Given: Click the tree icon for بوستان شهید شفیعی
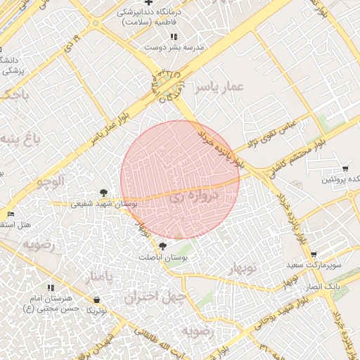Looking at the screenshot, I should click(x=104, y=192).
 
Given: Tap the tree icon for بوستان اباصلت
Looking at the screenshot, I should click(x=163, y=246).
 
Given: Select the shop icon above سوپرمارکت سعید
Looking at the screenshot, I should click(x=313, y=255).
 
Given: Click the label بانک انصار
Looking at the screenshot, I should click(x=323, y=288).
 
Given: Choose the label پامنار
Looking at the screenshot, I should click(x=98, y=278).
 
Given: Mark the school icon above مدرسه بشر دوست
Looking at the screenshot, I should click(x=174, y=37).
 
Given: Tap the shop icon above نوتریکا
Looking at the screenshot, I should click(x=96, y=300).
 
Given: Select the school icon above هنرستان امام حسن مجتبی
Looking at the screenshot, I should click(x=50, y=288).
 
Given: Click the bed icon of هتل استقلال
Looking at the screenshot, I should click(x=10, y=214).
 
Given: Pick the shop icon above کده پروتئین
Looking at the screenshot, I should click(x=345, y=169).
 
